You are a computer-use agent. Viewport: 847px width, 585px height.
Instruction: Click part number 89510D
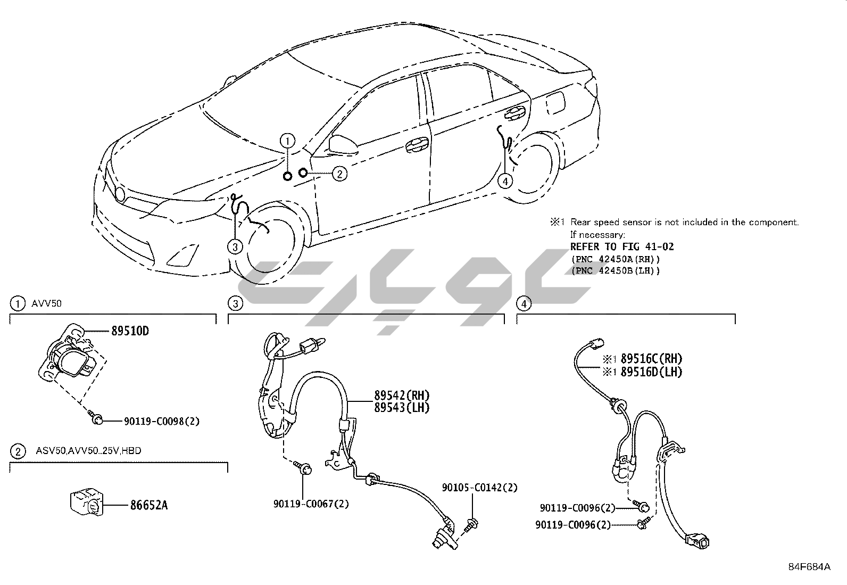pos(130,331)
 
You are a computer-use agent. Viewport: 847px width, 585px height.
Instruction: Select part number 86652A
pos(149,505)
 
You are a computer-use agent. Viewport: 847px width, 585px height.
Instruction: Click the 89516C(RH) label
pos(651,359)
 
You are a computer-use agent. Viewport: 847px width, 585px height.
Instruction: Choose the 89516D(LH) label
pos(651,372)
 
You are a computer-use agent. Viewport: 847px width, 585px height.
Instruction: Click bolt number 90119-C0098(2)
pos(162,421)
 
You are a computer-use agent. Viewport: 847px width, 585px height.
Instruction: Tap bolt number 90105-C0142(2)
pos(479,488)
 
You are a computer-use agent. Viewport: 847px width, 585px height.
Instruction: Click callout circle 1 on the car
pos(287,141)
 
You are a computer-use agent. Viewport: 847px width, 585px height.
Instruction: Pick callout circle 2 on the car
pos(339,173)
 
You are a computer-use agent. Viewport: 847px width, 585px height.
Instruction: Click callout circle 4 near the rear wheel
pos(505,181)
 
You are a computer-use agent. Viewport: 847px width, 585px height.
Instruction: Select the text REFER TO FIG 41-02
pos(622,246)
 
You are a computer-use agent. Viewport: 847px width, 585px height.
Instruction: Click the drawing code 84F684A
pos(809,566)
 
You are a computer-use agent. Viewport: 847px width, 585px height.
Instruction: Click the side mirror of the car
pos(339,143)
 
